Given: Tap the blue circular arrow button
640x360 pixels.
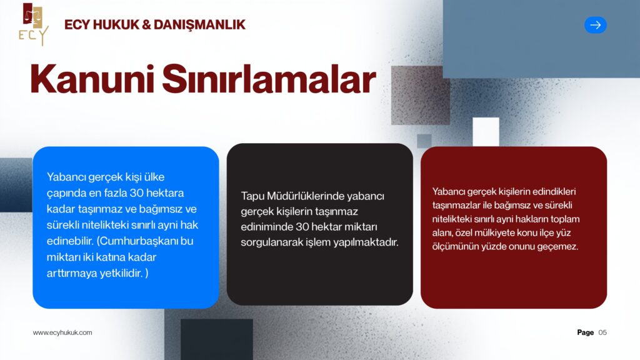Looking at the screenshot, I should point(595,25).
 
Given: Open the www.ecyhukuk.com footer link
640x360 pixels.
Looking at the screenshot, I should point(62,332).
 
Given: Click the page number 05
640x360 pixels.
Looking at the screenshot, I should point(602,332).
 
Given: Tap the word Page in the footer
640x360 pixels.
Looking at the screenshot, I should point(585,332).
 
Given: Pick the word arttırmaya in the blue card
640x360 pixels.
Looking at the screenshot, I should point(72,274).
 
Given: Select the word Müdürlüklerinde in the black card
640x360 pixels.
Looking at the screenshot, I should point(305,196).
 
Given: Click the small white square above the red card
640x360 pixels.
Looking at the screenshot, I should point(486,131).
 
